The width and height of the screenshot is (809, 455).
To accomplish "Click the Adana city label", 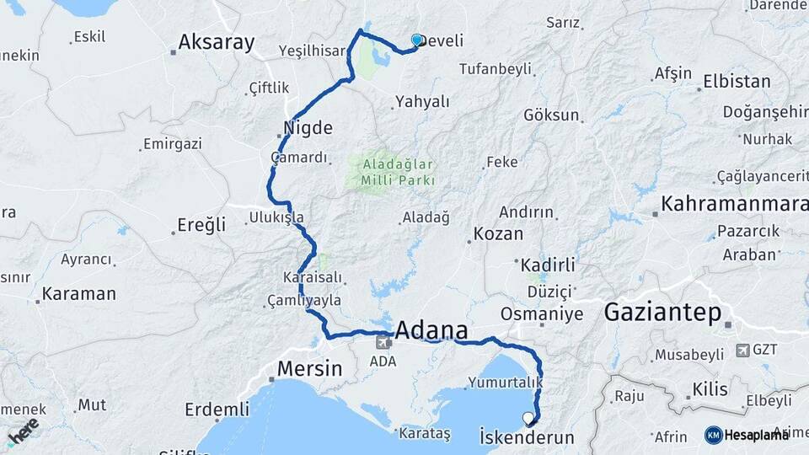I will (431, 329).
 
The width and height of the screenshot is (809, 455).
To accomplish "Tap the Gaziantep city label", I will (663, 313).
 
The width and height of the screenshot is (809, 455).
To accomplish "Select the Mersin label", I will (310, 368).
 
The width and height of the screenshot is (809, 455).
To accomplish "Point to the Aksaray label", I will (217, 43).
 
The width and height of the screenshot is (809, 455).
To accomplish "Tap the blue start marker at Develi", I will (416, 40).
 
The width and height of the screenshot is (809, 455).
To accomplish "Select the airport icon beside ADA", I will (384, 341).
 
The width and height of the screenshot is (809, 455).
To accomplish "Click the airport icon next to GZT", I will (742, 350).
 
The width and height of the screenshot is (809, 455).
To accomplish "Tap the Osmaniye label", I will (542, 314).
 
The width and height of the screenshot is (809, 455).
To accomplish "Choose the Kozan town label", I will (498, 234).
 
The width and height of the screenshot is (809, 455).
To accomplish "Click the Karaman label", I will (78, 294).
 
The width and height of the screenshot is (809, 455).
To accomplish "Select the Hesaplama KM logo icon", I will (714, 435).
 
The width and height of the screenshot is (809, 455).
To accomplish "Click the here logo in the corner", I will (23, 431).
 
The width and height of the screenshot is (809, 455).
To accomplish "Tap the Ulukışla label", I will (276, 217).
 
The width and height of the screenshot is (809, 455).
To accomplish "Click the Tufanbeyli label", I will (491, 69).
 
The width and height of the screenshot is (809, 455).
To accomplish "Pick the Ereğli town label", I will (201, 225).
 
